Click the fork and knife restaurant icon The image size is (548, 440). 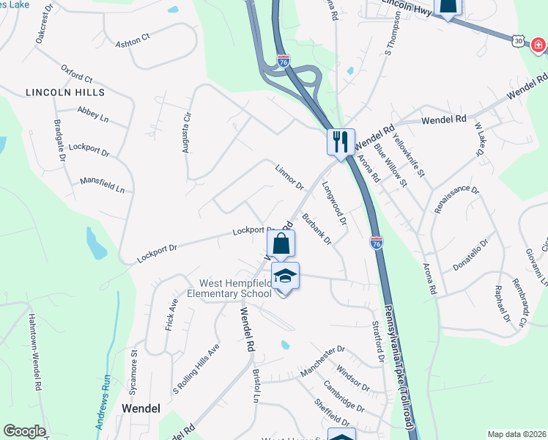coord(341,141)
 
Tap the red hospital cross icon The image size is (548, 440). coord(538,45)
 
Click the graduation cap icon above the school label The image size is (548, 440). coord(285,276)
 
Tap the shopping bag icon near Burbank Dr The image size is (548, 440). coord(280,243)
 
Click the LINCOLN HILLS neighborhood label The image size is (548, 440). coord(65,92)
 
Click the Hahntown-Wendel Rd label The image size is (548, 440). coord(34,352)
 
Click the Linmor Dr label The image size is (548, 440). coord(289,176)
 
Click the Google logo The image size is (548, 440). coord(24,431)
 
